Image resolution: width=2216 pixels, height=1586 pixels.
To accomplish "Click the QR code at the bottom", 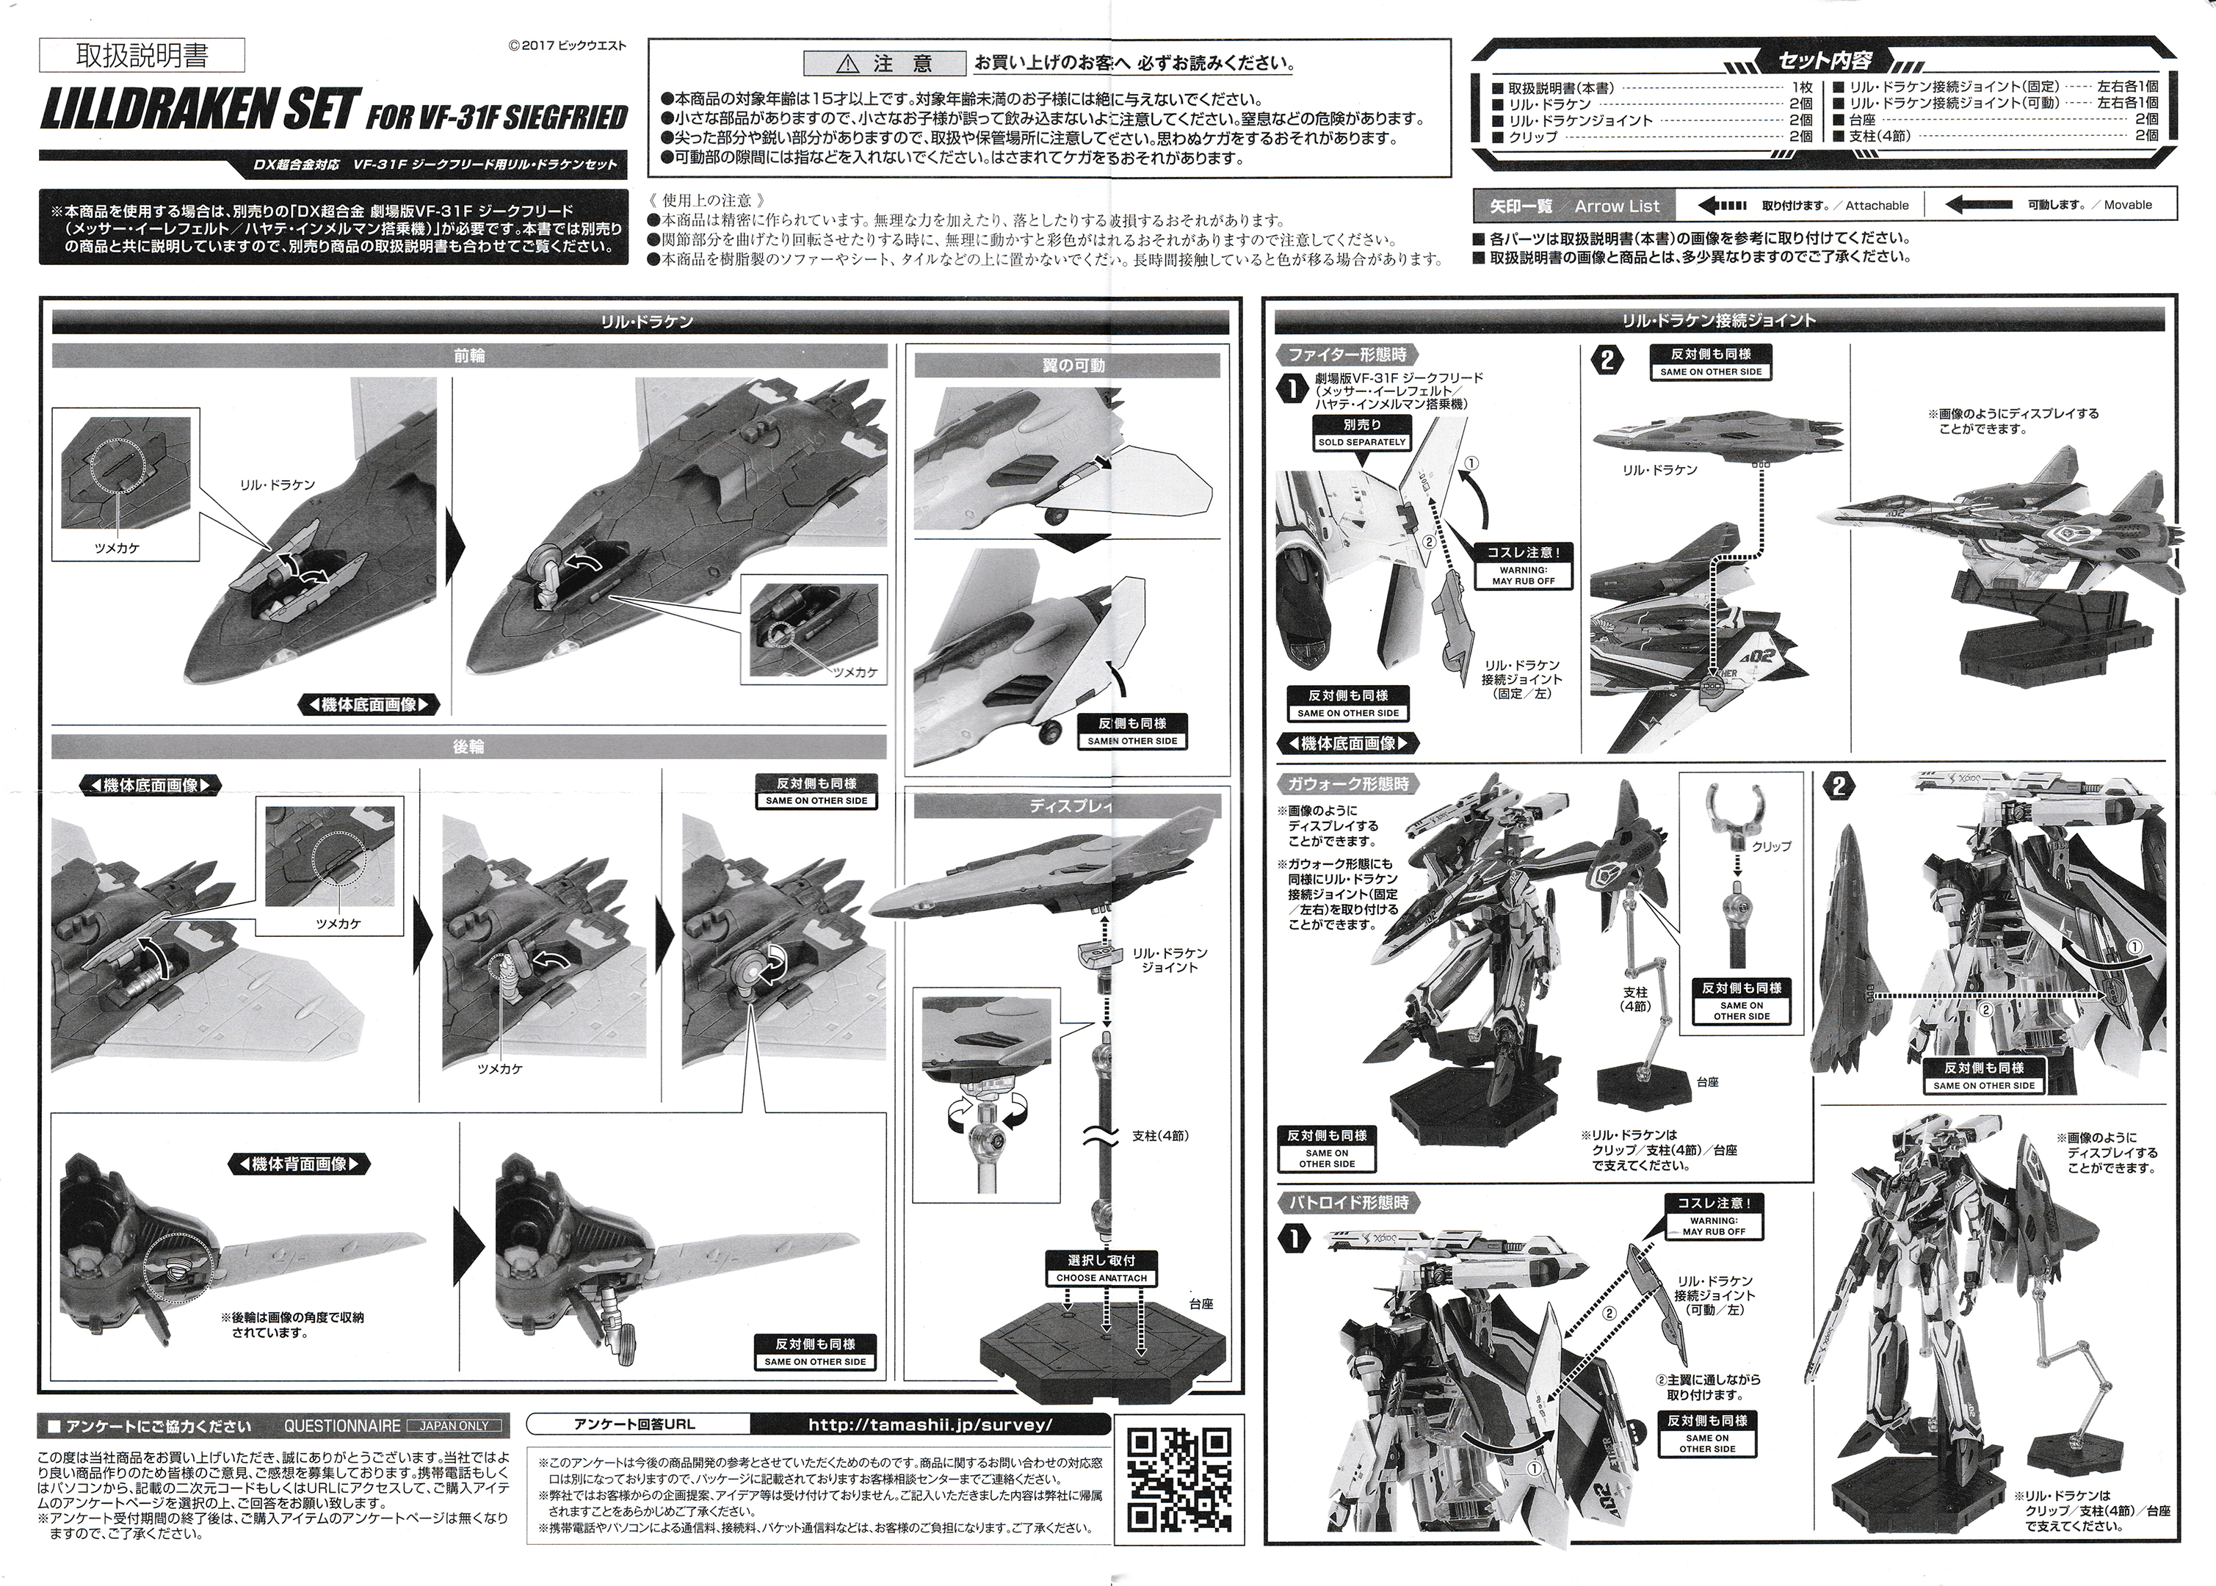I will pyautogui.click(x=1178, y=1480).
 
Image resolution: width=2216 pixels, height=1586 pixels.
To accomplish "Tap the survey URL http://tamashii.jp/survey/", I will pyautogui.click(x=931, y=1425).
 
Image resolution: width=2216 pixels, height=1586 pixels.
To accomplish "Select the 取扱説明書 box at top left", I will pyautogui.click(x=142, y=57).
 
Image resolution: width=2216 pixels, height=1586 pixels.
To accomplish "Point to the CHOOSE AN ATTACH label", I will pyautogui.click(x=1101, y=1278).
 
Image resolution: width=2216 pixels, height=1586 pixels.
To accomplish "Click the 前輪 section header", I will pyautogui.click(x=468, y=356).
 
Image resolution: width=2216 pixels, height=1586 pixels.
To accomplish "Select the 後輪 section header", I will pyautogui.click(x=468, y=747).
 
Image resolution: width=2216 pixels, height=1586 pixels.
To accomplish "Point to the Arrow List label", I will pyautogui.click(x=1616, y=206).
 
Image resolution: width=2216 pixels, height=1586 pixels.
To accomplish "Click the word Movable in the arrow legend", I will pyautogui.click(x=2127, y=205).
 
